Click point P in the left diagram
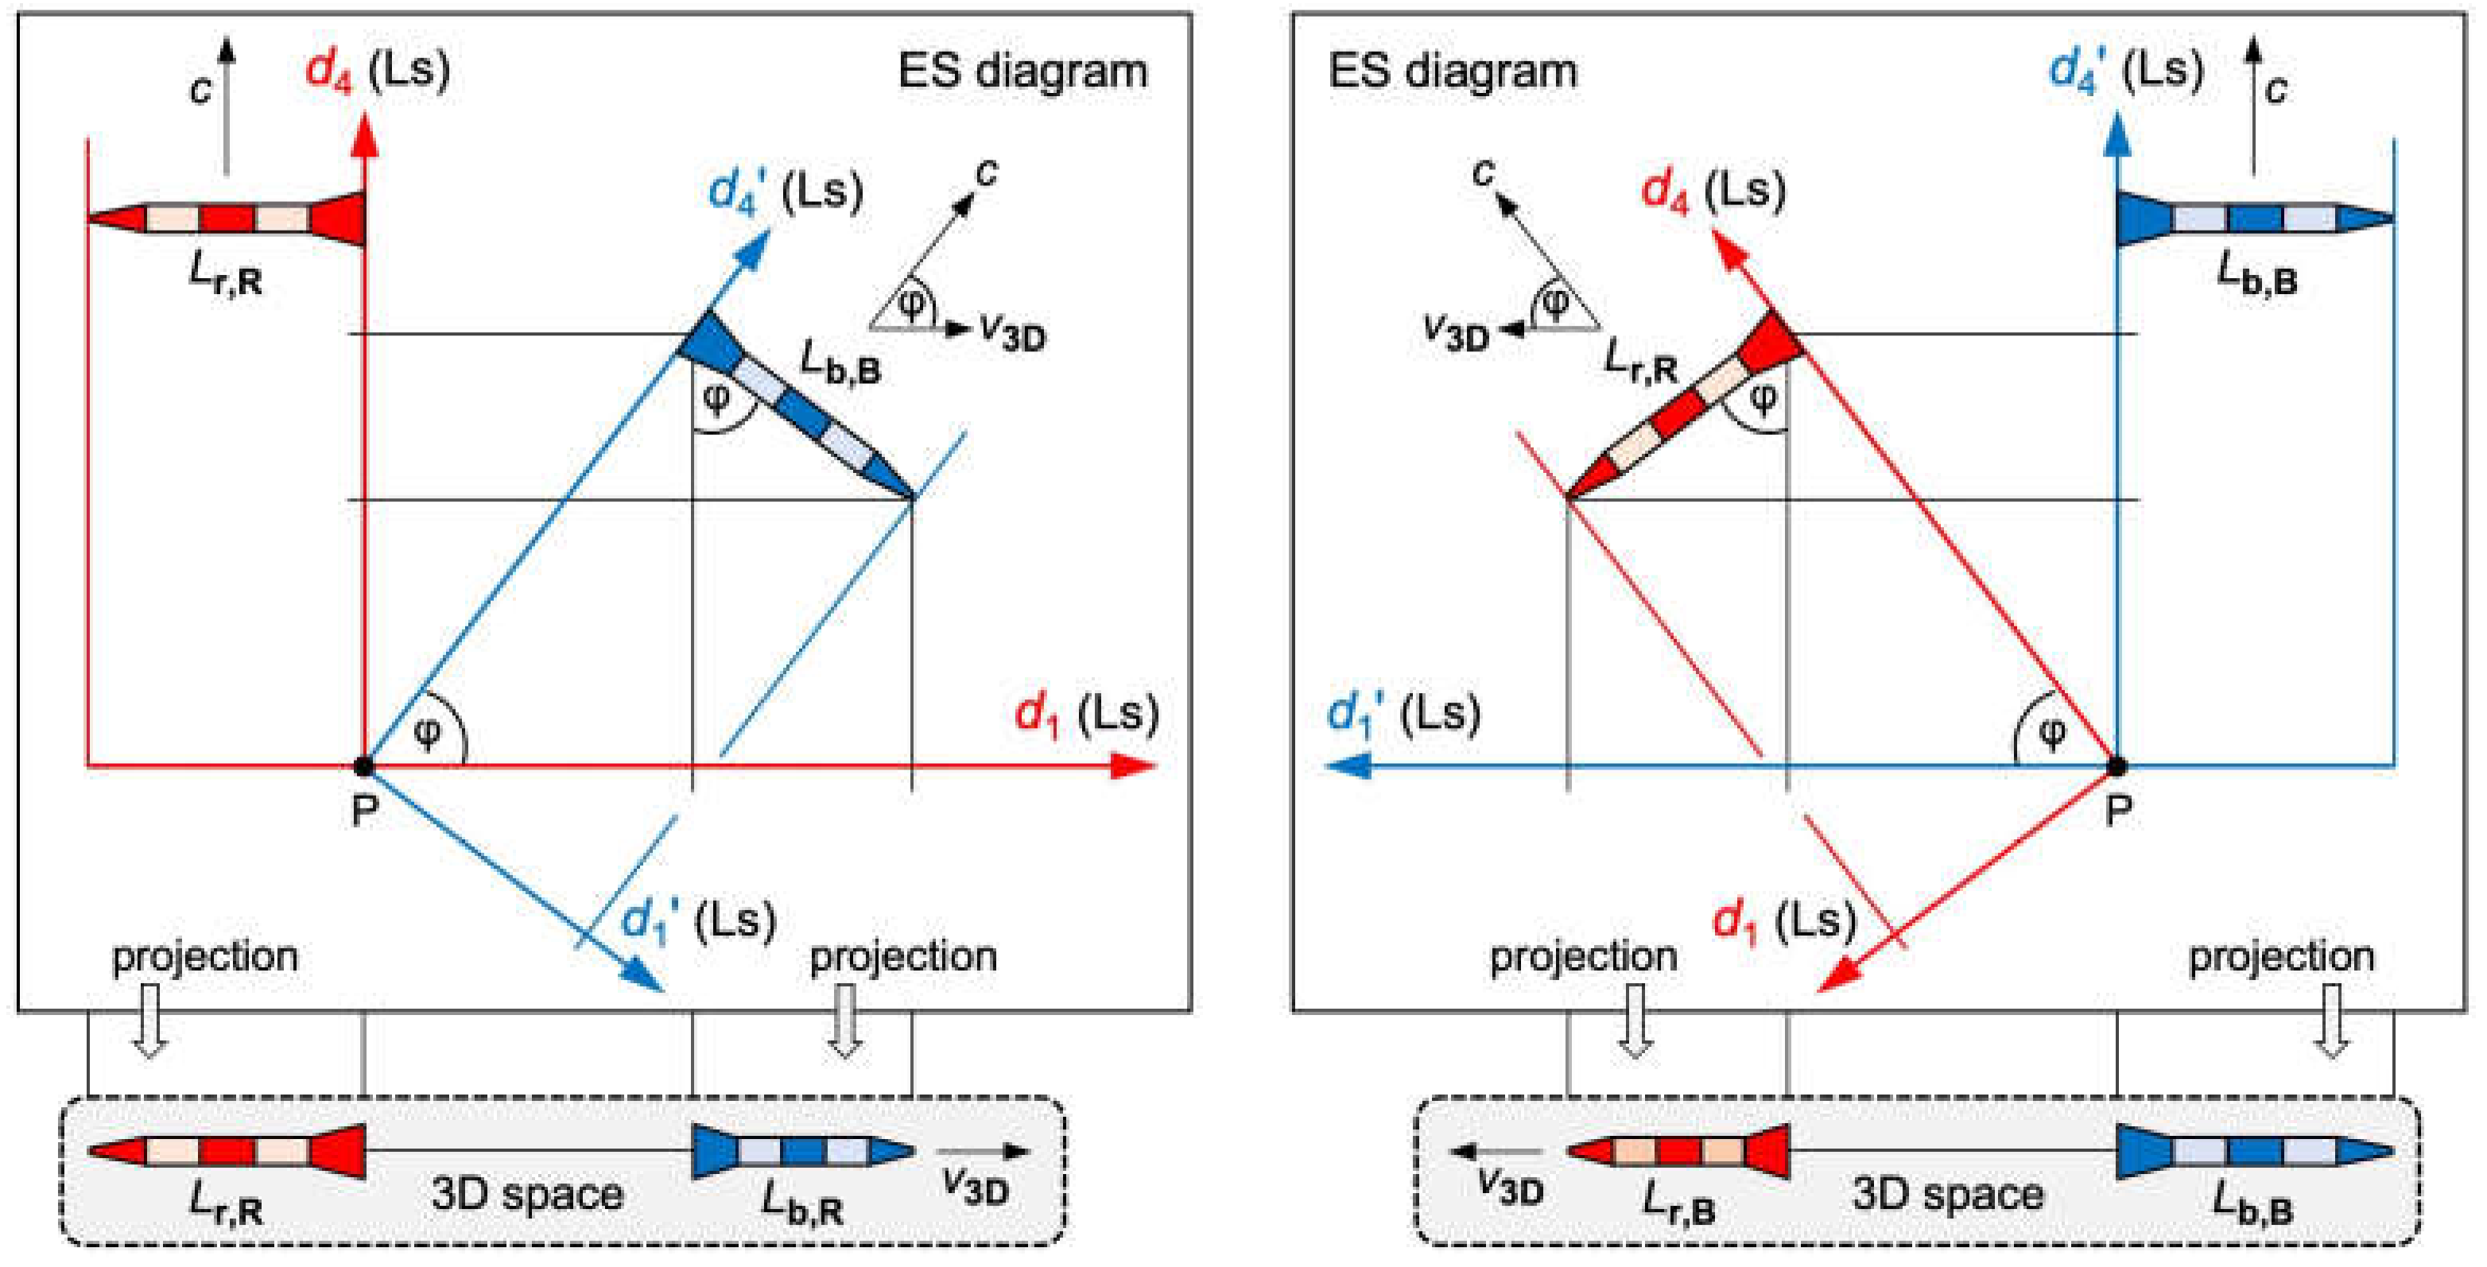[x=363, y=767]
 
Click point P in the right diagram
[x=2116, y=767]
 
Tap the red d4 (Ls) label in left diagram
[x=377, y=71]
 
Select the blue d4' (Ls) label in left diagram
[x=784, y=191]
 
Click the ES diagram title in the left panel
[x=1022, y=72]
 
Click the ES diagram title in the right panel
[x=1453, y=72]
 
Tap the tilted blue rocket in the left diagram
[x=797, y=405]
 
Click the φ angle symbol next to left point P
[x=427, y=734]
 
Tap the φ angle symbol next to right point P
[x=2051, y=734]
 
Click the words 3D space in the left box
[x=527, y=1195]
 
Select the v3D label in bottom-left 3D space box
[x=975, y=1187]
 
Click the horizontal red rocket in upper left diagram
[x=227, y=217]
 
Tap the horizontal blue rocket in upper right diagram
[x=2254, y=217]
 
